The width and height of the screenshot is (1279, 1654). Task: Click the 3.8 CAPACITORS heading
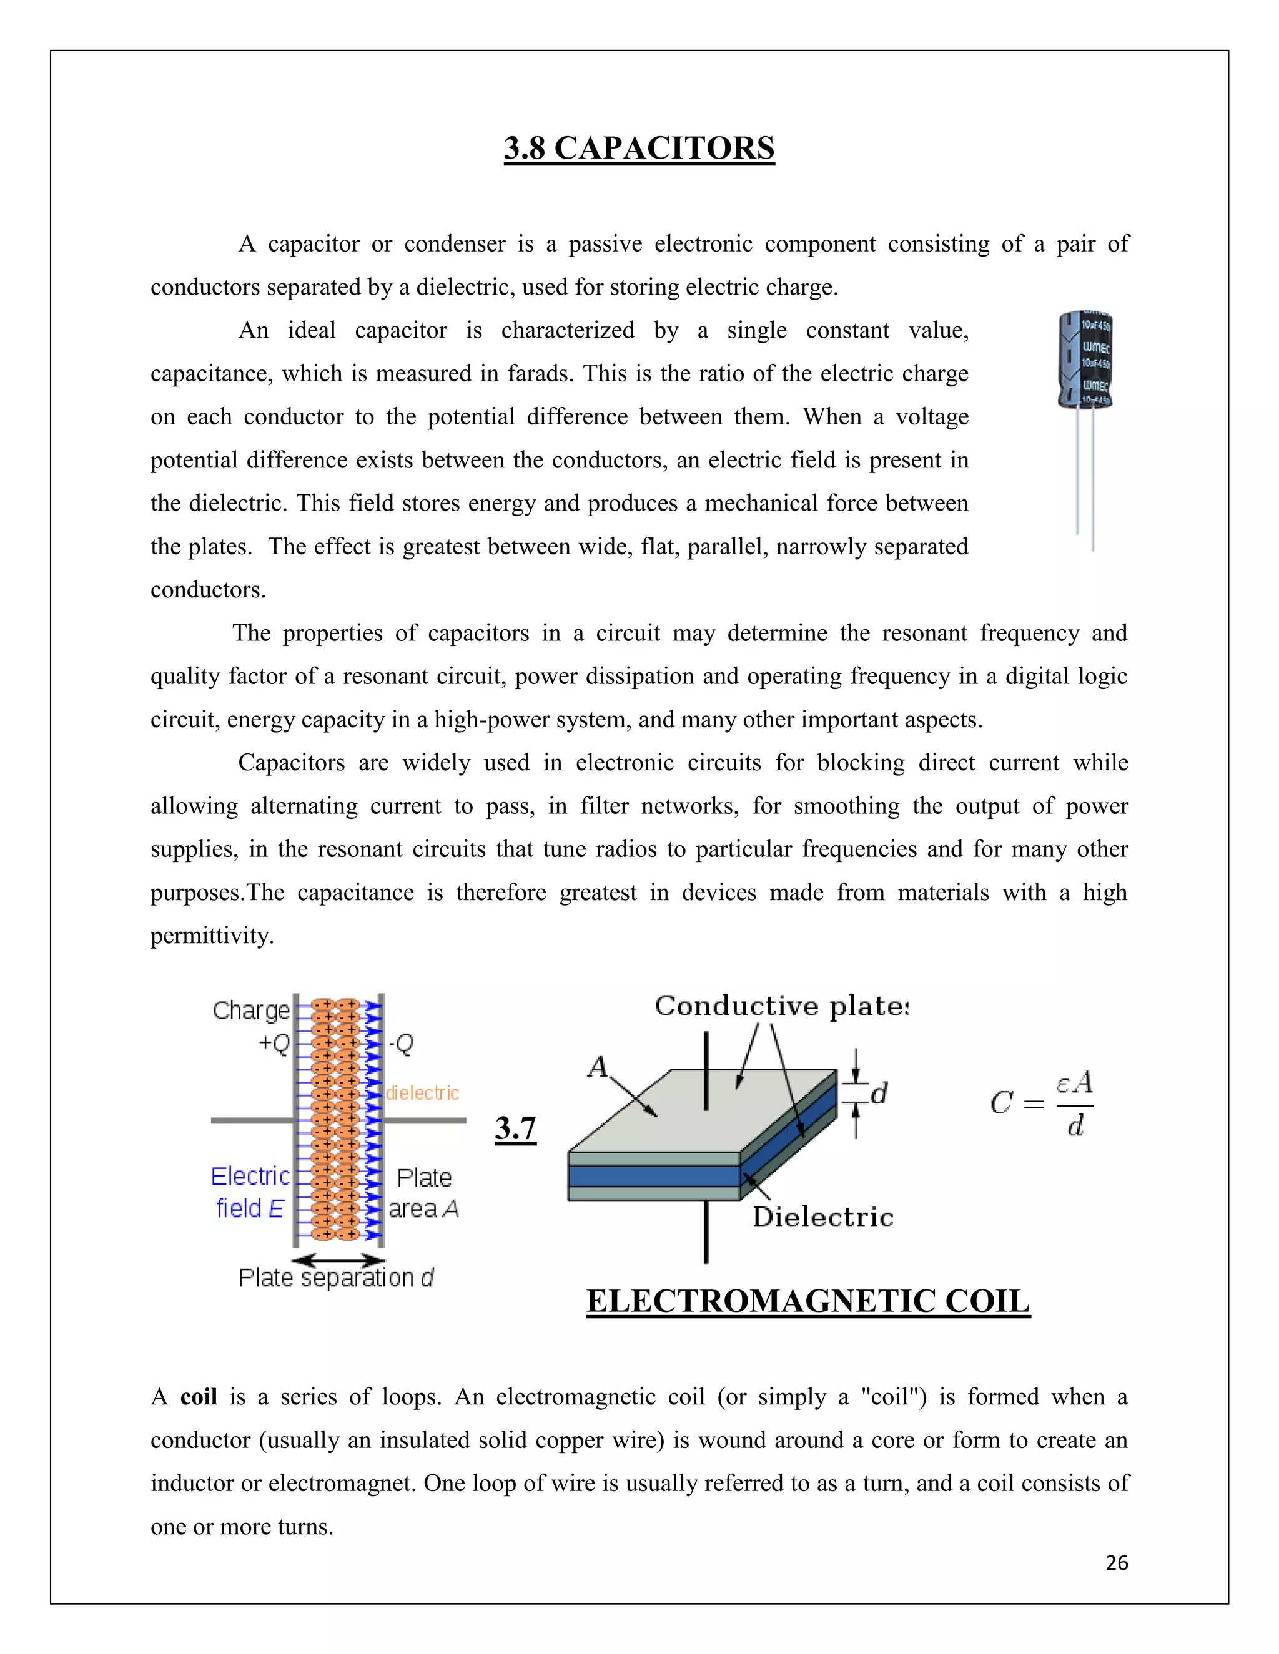[x=639, y=148]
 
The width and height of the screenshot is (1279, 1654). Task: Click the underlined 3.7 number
[x=515, y=1128]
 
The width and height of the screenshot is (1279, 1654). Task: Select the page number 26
[x=1116, y=1563]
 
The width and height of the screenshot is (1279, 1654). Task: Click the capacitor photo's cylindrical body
[x=1084, y=360]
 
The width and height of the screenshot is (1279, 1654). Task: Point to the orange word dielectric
[x=422, y=1093]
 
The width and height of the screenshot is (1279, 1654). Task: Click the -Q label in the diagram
[x=401, y=1044]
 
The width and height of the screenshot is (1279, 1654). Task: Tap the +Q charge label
[x=274, y=1044]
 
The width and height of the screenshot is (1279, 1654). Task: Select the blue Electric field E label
[x=250, y=1192]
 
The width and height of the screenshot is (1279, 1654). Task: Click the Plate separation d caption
[x=335, y=1278]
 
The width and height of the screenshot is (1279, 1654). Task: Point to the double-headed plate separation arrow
[x=338, y=1260]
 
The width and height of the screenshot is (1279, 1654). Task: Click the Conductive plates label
[x=781, y=1006]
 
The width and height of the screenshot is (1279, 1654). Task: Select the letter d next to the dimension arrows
[x=879, y=1094]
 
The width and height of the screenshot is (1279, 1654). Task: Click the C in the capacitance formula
[x=1001, y=1103]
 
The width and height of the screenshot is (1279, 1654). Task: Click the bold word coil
[x=199, y=1396]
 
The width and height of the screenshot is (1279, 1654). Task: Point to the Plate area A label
[x=423, y=1193]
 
